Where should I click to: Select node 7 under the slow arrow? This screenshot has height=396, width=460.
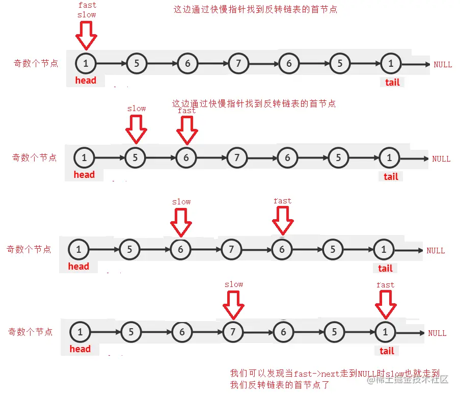(x=232, y=332)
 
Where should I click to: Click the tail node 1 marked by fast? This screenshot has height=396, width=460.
(x=385, y=332)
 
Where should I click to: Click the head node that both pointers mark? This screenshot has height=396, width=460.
(x=86, y=64)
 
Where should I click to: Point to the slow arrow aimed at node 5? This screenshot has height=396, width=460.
(x=136, y=129)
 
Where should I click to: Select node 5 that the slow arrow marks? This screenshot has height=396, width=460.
(x=135, y=158)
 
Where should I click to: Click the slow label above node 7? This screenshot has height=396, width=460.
(x=234, y=284)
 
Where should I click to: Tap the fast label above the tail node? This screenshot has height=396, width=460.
(x=385, y=285)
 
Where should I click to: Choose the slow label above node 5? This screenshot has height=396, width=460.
(x=137, y=109)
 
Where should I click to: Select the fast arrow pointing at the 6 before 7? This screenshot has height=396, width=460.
(x=187, y=129)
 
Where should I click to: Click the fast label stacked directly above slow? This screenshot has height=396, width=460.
(x=87, y=5)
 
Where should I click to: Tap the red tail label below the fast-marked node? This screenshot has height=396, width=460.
(x=387, y=351)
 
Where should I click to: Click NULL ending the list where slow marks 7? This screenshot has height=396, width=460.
(x=437, y=333)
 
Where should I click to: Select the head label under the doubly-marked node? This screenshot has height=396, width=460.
(x=86, y=80)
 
